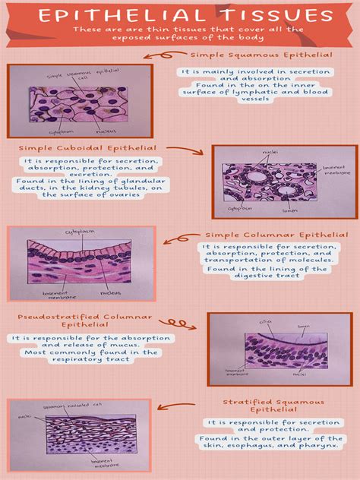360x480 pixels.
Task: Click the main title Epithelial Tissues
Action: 180,16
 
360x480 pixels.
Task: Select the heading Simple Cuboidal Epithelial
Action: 89,148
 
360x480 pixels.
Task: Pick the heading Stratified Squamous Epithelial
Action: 273,406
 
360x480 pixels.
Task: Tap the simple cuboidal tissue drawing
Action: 279,181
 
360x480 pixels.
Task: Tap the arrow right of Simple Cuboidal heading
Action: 184,151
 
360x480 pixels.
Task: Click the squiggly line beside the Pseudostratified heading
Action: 181,323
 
